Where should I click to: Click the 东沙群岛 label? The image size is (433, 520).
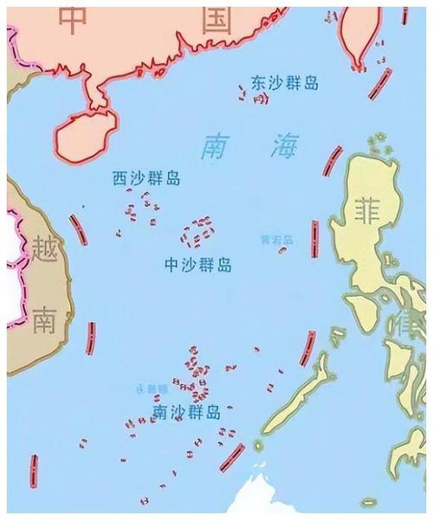tap(285, 83)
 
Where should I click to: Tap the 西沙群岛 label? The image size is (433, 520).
tap(146, 179)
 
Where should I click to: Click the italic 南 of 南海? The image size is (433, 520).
tap(216, 148)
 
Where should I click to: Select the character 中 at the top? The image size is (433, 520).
tap(75, 19)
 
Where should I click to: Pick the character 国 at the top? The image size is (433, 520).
tap(214, 19)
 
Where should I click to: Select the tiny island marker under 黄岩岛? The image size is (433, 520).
tap(283, 250)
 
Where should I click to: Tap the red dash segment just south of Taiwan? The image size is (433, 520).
tap(378, 84)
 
